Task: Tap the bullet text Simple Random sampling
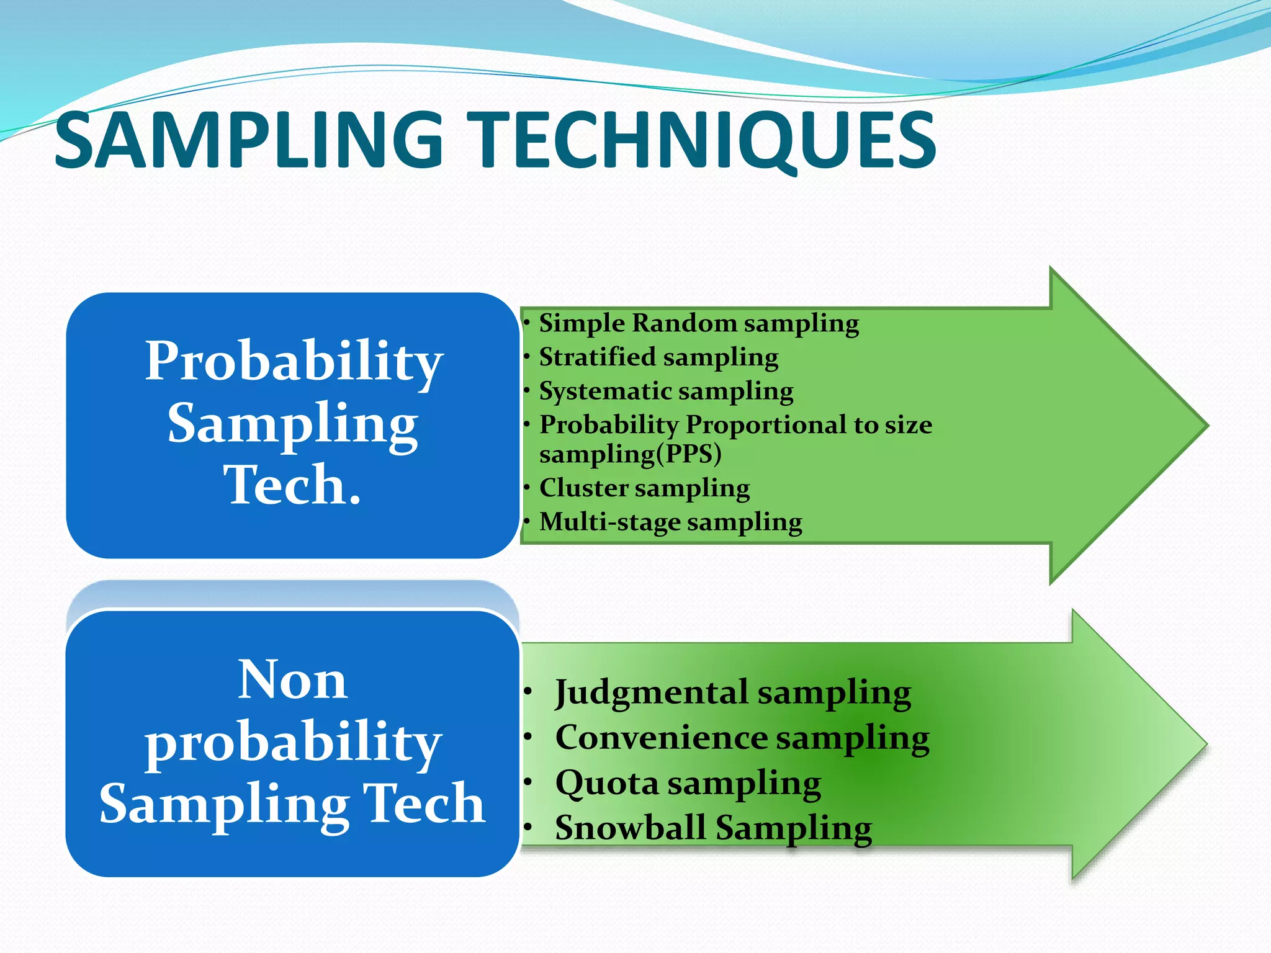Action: (698, 323)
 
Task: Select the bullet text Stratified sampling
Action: (658, 357)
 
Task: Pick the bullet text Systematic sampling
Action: (666, 391)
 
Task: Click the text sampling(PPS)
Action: (630, 454)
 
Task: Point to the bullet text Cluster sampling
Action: (644, 488)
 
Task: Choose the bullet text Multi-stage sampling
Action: (670, 522)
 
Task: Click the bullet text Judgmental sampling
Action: (732, 692)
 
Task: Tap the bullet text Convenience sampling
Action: (742, 738)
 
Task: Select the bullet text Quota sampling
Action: (688, 783)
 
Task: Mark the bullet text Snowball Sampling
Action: (714, 828)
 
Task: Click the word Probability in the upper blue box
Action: (294, 361)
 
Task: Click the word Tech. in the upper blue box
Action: (292, 485)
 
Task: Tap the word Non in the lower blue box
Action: (292, 680)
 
